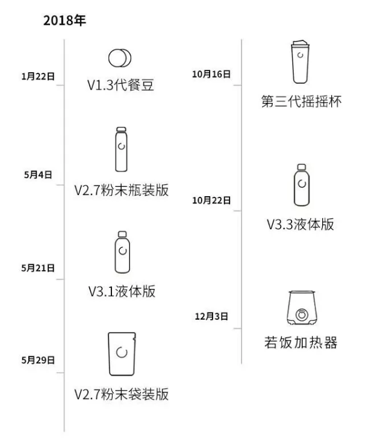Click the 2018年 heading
point(64,20)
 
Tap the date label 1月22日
point(38,77)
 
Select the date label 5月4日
point(38,175)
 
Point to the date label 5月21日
point(38,268)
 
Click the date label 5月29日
point(38,361)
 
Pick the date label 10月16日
point(211,74)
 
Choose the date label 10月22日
point(211,200)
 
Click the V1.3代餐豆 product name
point(121,85)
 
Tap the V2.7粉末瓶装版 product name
point(121,191)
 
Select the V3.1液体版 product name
point(121,291)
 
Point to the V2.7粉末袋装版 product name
point(121,395)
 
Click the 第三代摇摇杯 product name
point(301,101)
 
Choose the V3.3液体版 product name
point(301,225)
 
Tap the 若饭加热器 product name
point(301,343)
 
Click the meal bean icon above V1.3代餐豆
point(120,58)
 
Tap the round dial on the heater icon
point(301,314)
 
